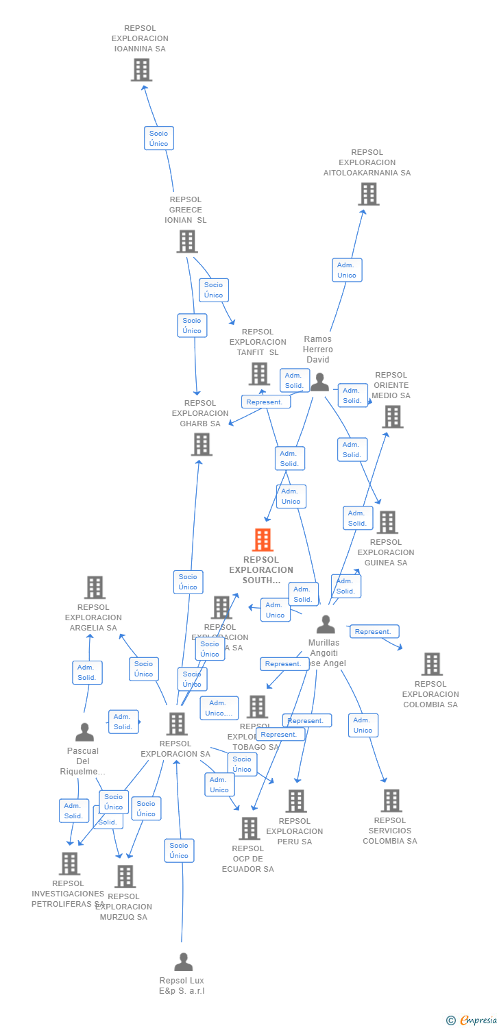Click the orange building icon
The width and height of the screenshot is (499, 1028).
[263, 540]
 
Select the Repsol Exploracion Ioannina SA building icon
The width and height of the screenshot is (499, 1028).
[141, 70]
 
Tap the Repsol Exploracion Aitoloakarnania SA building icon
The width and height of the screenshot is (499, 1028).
[368, 194]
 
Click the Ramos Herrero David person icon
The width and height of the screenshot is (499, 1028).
[319, 382]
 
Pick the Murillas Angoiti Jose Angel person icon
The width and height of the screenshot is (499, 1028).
[326, 624]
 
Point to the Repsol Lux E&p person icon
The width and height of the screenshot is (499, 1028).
[183, 962]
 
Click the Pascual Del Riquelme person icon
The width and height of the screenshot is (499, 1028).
[84, 733]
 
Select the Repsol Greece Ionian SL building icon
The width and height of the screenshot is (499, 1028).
[187, 241]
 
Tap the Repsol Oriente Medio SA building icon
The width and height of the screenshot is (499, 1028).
[392, 417]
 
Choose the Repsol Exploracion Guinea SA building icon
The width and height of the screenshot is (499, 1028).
[387, 522]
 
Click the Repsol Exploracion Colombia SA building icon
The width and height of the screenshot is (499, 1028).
[431, 664]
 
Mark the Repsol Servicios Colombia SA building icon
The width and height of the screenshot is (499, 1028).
[391, 800]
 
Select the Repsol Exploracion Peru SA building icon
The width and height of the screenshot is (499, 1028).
[295, 801]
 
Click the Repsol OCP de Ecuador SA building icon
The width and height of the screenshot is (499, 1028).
[249, 829]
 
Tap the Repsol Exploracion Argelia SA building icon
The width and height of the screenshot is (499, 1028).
[95, 587]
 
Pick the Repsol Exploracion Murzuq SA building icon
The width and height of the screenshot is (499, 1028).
[125, 877]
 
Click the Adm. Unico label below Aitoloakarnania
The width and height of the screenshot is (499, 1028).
[347, 270]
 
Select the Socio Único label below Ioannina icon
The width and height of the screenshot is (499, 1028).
[159, 138]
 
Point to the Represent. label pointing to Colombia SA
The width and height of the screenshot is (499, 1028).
[374, 632]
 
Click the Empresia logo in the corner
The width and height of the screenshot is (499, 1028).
[472, 1020]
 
